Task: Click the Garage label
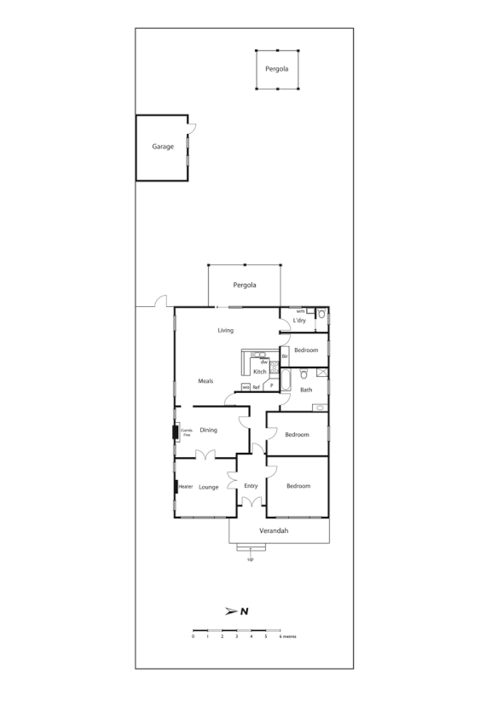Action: (163, 147)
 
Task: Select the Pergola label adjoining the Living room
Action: (245, 286)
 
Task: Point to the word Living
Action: (225, 330)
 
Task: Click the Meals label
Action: (205, 381)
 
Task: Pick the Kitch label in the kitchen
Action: (260, 372)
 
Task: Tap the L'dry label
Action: (299, 320)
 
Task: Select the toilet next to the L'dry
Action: (321, 315)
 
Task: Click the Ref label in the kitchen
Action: (256, 387)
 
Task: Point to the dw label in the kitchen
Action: (264, 362)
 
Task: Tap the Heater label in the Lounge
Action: (186, 487)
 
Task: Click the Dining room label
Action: (208, 430)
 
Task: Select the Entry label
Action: (251, 486)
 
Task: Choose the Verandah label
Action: (274, 531)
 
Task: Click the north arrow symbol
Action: (238, 611)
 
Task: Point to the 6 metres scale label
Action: (286, 637)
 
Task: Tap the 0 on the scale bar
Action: (194, 637)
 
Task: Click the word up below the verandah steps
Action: (250, 559)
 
